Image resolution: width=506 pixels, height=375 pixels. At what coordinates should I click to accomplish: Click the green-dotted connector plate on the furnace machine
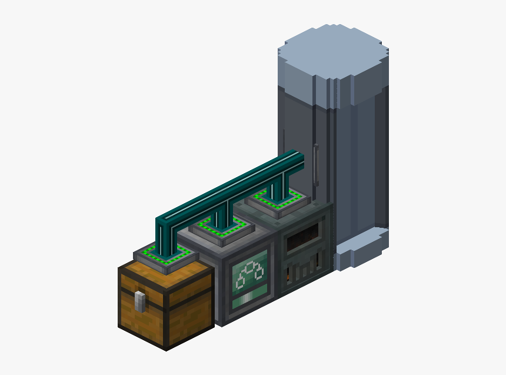pyautogui.click(x=277, y=200)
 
